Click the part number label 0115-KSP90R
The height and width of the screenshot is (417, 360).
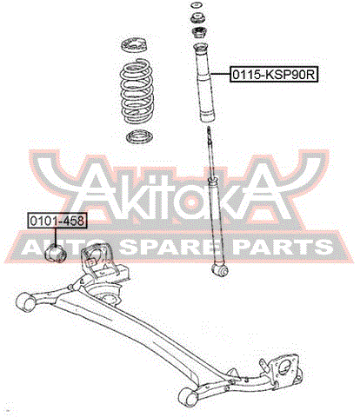coord(274,75)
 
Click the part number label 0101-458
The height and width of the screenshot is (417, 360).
coord(57,221)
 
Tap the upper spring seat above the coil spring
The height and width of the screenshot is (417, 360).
coord(134,45)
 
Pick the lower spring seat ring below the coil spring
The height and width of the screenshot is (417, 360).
coord(138,137)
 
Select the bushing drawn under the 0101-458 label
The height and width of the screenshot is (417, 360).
coord(57,254)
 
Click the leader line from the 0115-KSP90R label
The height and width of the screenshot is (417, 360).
coord(220,75)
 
